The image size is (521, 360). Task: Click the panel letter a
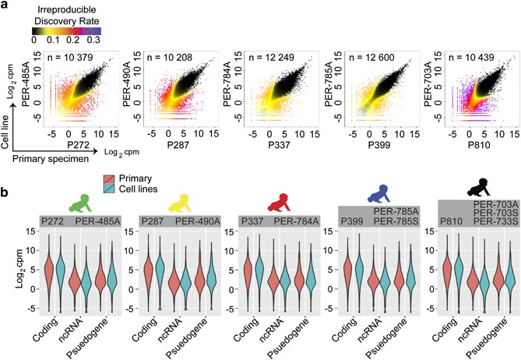[x=6, y=7]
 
